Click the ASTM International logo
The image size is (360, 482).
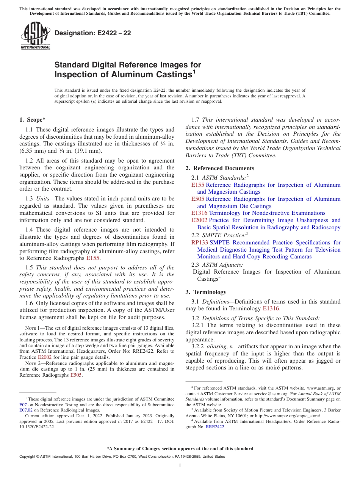click(35, 36)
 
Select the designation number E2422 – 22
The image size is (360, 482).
click(93, 33)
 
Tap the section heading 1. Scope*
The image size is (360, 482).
click(32, 120)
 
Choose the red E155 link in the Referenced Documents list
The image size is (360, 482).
click(197, 185)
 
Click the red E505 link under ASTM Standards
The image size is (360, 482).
click(197, 199)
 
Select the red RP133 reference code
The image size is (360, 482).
click(199, 243)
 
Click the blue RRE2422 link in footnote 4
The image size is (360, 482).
click(215, 427)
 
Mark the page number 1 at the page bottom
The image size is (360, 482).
click(180, 466)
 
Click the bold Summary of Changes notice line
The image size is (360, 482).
click(180, 449)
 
